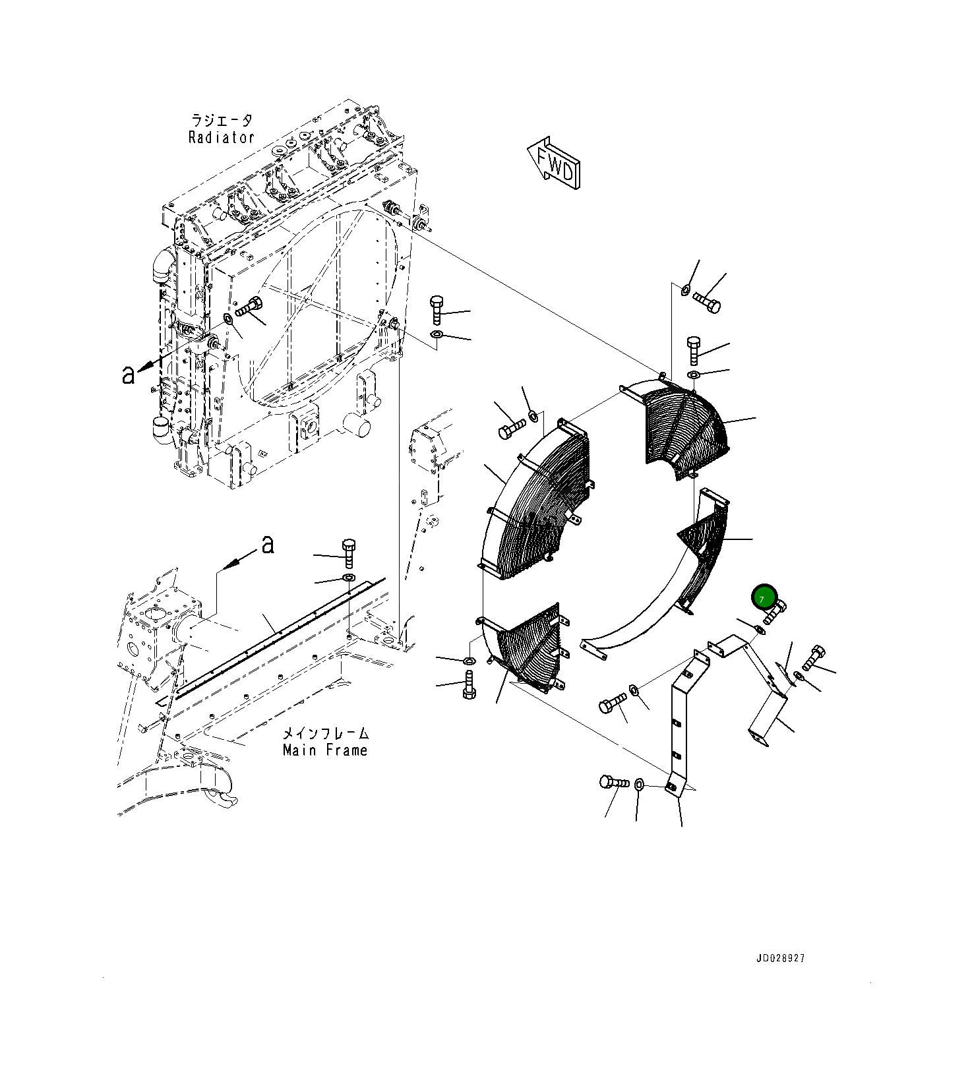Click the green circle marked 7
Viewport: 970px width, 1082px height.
click(763, 597)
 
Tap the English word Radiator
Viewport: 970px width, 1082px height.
click(221, 138)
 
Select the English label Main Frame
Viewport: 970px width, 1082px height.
click(325, 750)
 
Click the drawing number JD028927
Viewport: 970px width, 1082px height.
click(780, 958)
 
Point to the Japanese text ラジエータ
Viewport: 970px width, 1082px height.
click(222, 121)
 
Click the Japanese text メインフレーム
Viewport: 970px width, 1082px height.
click(326, 733)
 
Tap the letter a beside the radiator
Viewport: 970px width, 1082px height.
click(128, 374)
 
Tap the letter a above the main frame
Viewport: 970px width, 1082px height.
click(267, 545)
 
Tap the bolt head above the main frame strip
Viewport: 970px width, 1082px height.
click(349, 547)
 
